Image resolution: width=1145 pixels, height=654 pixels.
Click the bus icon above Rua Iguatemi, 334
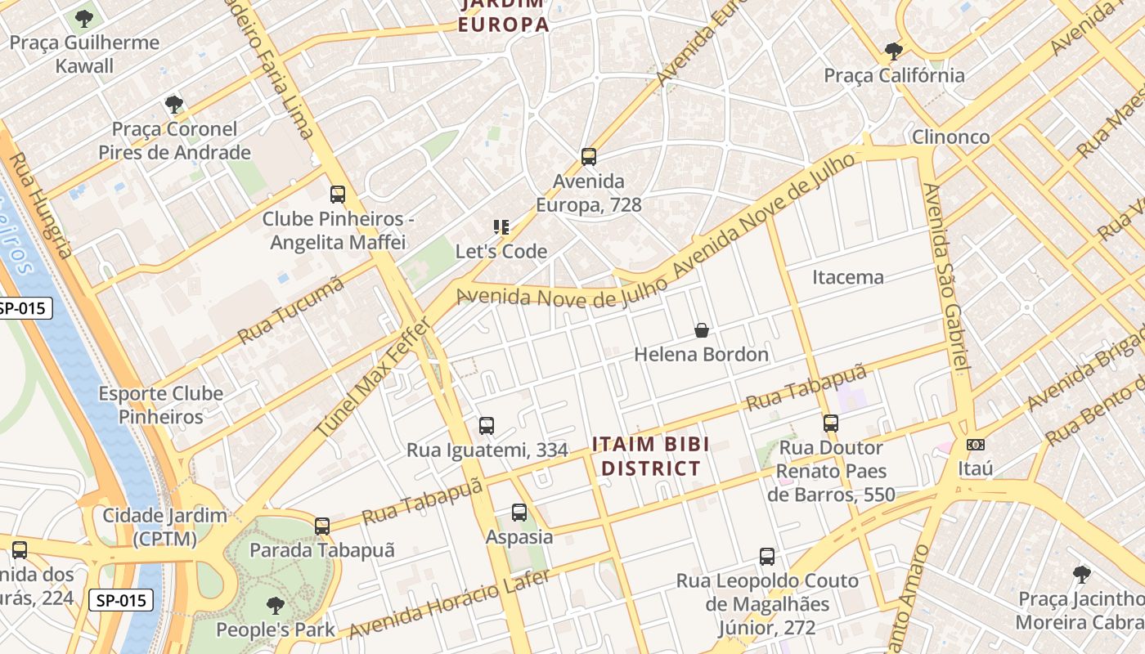[487, 426]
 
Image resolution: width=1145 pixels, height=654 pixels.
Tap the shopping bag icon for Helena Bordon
[702, 330]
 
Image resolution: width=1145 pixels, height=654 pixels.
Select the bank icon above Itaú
[975, 445]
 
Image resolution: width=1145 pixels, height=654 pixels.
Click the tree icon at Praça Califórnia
[894, 52]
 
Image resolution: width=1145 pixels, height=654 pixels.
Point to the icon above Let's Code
[501, 227]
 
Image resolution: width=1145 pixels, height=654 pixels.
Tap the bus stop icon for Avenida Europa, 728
[588, 157]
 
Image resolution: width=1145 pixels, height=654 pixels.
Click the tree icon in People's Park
[276, 606]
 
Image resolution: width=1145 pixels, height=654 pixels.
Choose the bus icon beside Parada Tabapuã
[322, 526]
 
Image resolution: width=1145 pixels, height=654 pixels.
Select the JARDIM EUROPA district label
[503, 15]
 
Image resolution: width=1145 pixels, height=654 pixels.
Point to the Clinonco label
[950, 137]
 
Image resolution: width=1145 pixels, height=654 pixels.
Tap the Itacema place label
[847, 277]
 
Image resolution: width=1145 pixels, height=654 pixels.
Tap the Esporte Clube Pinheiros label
[161, 405]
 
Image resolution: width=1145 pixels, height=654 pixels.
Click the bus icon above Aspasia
[519, 513]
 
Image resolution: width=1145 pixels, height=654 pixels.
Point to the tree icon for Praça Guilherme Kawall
[84, 18]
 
